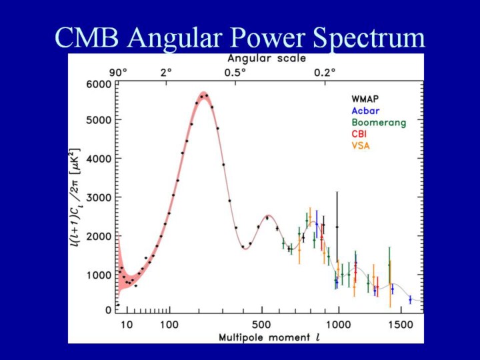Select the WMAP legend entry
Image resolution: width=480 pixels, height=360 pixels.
(367, 99)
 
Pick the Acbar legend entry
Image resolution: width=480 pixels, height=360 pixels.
(365, 111)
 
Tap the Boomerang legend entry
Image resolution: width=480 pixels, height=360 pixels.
(378, 123)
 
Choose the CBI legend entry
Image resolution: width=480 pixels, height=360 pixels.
(360, 134)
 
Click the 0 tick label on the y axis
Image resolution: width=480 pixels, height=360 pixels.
(108, 311)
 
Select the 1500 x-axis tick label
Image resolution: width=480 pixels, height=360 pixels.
(400, 325)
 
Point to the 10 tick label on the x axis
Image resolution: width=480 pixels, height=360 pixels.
(127, 325)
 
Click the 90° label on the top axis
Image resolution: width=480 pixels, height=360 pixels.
(118, 72)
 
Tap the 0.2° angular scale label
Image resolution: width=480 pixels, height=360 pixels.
(325, 72)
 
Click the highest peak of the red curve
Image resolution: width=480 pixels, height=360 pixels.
(204, 93)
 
